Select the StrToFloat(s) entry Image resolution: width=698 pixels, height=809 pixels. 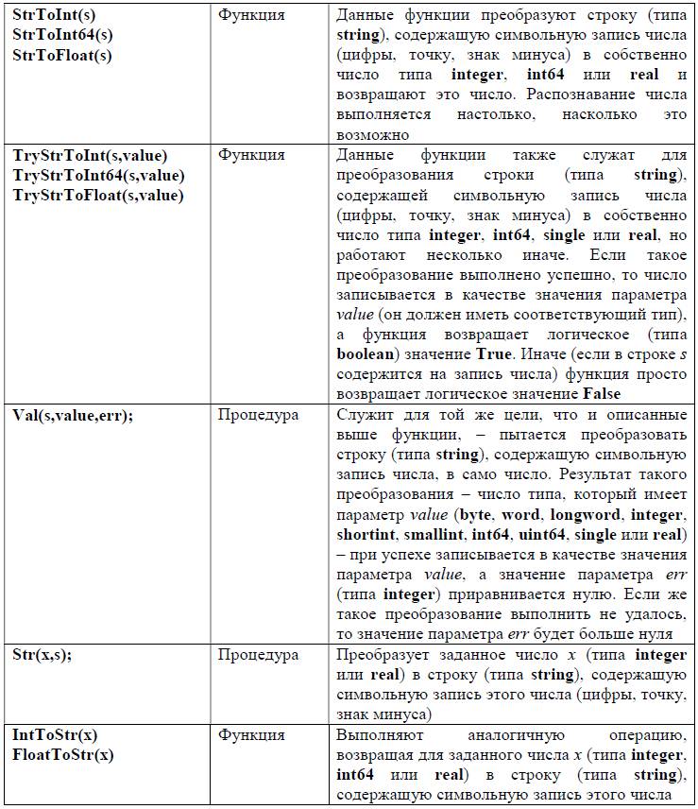pyautogui.click(x=62, y=55)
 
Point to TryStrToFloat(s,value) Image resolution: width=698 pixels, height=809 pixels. pyautogui.click(x=98, y=195)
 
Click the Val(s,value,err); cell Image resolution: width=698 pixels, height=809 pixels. pyautogui.click(x=73, y=415)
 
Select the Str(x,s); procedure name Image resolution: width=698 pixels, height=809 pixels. pyautogui.click(x=43, y=655)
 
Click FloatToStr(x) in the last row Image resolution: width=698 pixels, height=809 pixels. pyautogui.click(x=63, y=755)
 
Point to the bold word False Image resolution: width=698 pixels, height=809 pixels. pyautogui.click(x=602, y=393)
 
